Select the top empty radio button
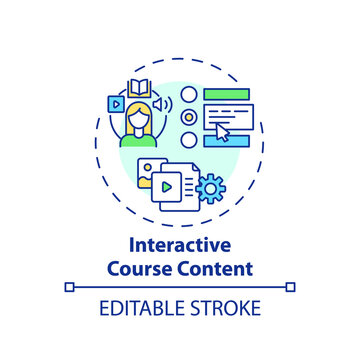tap(188, 97)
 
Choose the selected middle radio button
tap(188, 117)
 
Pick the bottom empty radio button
tap(188, 137)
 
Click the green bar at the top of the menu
tap(225, 94)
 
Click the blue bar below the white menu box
tap(225, 141)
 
